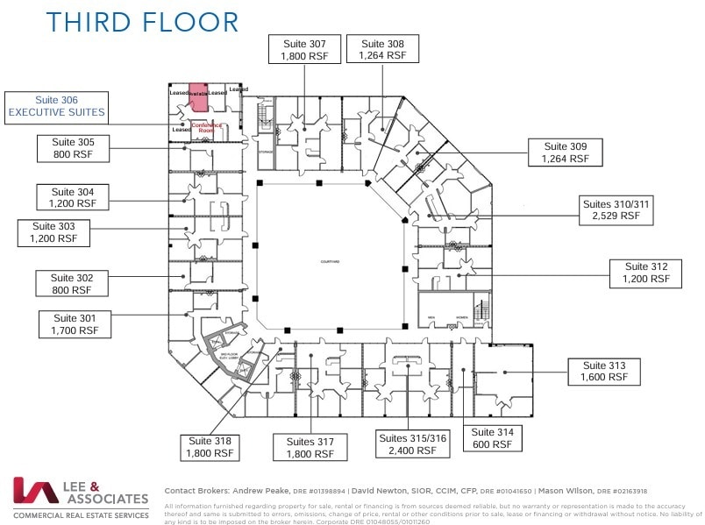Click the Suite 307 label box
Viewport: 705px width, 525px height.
pos(304,49)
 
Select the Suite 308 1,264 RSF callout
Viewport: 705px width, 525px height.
pos(382,49)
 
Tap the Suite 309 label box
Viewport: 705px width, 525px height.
pos(566,153)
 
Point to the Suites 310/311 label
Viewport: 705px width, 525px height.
pos(616,211)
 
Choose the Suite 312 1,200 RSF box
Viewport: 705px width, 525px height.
pos(646,273)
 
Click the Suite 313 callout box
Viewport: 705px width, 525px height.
pos(603,371)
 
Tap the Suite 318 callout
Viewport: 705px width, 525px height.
pos(210,447)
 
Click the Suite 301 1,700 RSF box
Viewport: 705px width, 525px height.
pos(76,324)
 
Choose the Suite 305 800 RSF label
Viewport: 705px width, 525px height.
pos(76,148)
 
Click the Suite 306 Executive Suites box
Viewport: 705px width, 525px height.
pos(58,106)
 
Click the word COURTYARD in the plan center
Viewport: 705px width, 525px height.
pos(330,262)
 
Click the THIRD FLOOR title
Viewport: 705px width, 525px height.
pos(142,22)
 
